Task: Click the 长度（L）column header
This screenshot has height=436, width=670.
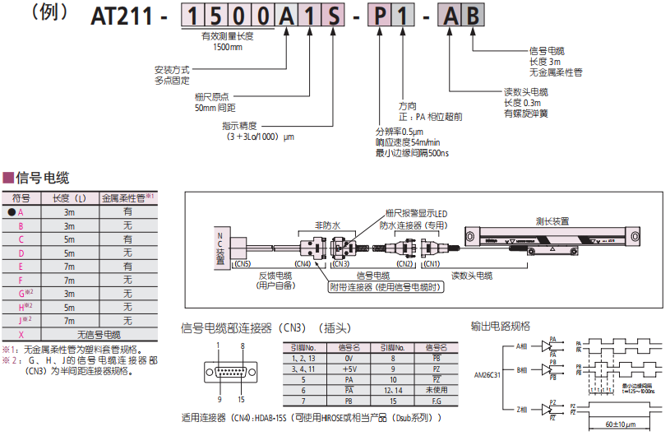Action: pyautogui.click(x=69, y=198)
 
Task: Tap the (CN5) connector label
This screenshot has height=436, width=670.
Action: pyautogui.click(x=242, y=263)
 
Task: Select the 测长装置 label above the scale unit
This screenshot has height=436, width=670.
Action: pyautogui.click(x=552, y=221)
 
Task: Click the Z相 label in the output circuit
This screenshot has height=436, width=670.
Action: pyautogui.click(x=523, y=409)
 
